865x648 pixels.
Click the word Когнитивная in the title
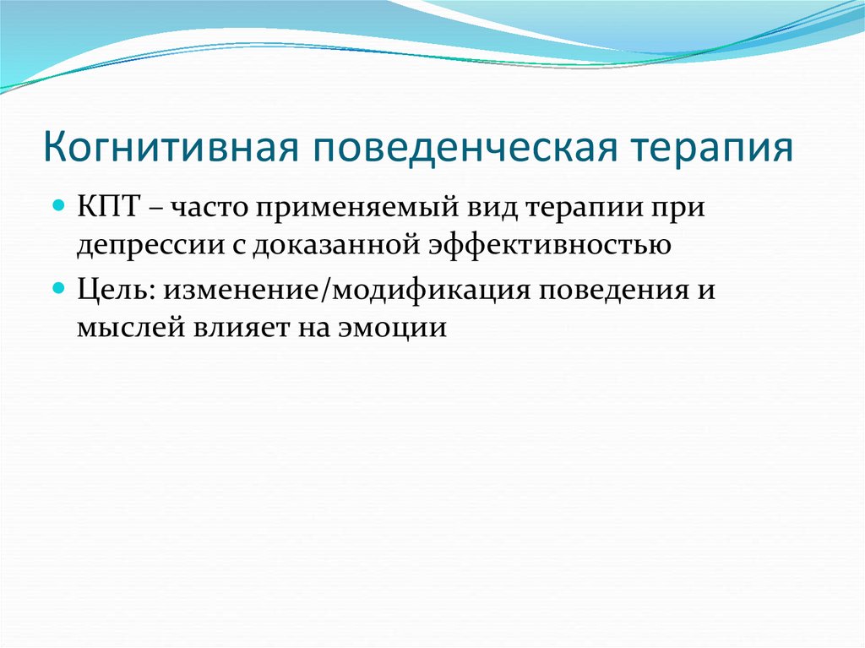tap(171, 147)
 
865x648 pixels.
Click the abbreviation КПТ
tap(107, 209)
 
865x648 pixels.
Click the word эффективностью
tap(550, 243)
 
